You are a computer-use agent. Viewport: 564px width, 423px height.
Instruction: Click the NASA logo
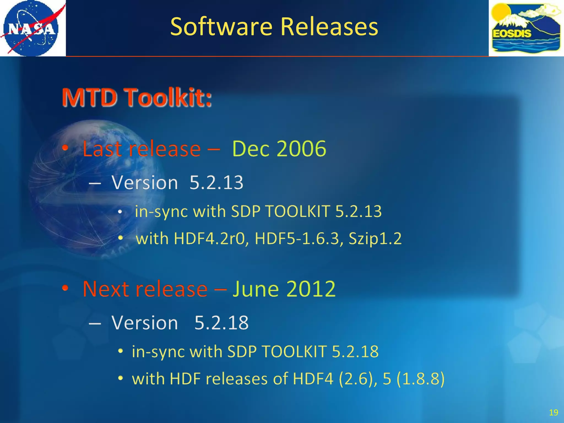point(32,28)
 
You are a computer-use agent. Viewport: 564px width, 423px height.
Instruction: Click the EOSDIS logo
point(526,28)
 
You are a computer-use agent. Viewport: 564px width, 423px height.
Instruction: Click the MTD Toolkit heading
point(137,97)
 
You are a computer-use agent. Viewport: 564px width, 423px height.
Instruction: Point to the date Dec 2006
point(279,149)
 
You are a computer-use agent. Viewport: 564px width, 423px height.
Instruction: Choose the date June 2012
point(284,289)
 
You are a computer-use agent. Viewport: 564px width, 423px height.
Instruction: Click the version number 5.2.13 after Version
point(216,183)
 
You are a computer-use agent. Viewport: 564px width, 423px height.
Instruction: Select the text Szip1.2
point(375,238)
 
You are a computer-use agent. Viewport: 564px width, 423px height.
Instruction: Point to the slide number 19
point(553,413)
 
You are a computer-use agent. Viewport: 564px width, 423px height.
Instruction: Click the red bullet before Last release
point(65,148)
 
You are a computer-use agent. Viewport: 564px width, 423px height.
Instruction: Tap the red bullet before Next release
point(65,288)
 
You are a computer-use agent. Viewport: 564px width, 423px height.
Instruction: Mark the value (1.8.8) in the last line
point(421,379)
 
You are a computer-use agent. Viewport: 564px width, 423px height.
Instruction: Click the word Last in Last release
point(102,149)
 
